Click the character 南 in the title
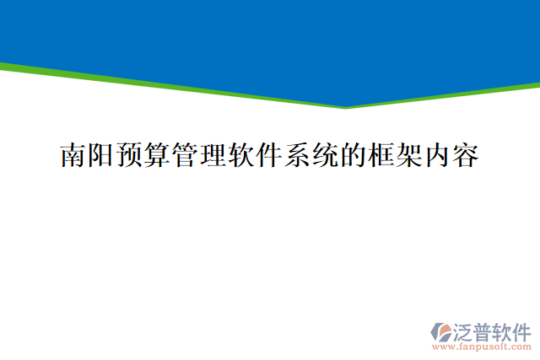[x=73, y=156]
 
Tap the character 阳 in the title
[x=101, y=156]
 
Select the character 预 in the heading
[x=129, y=156]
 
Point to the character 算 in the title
[x=158, y=156]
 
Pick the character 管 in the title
[x=186, y=156]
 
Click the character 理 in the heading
[x=213, y=156]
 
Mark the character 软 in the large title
[x=241, y=156]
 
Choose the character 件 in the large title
[x=270, y=156]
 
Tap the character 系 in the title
[x=298, y=156]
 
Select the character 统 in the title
[x=326, y=156]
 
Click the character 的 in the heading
[x=354, y=156]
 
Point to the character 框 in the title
[x=381, y=156]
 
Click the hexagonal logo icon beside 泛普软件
[x=441, y=331]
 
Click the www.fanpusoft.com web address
[x=481, y=347]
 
